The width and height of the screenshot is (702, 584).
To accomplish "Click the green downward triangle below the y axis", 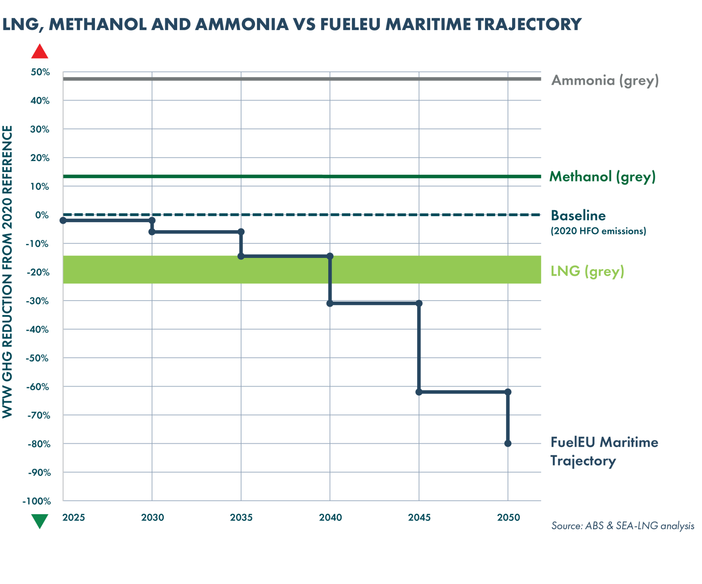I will tap(40, 521).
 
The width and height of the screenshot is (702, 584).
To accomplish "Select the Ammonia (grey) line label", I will tap(605, 81).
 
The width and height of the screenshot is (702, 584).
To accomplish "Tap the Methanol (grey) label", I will tap(602, 177).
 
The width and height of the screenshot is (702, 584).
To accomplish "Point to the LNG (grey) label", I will tap(587, 271).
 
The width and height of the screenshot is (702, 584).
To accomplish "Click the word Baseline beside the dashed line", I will tap(578, 216).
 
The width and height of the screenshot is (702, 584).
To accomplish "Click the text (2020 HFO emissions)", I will tap(598, 231).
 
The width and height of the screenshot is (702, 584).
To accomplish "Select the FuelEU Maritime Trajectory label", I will tap(604, 451).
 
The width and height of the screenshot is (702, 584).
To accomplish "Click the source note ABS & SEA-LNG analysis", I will tap(623, 526).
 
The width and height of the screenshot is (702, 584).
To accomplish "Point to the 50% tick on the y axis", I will tap(40, 72).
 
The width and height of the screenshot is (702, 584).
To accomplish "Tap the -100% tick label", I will tap(37, 501).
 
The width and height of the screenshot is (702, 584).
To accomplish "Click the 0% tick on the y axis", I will tap(42, 215).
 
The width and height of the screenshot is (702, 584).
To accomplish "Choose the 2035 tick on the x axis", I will tap(241, 517).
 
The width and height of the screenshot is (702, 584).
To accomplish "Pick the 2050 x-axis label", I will tap(508, 517).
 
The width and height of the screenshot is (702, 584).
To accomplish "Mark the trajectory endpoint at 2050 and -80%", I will tap(508, 444).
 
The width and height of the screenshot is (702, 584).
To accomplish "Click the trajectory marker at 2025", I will tap(63, 220).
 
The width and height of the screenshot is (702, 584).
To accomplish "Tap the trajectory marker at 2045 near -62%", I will tap(419, 392).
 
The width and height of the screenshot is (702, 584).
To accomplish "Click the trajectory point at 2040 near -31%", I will tap(330, 303).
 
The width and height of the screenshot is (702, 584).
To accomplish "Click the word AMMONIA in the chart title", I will tap(242, 24).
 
